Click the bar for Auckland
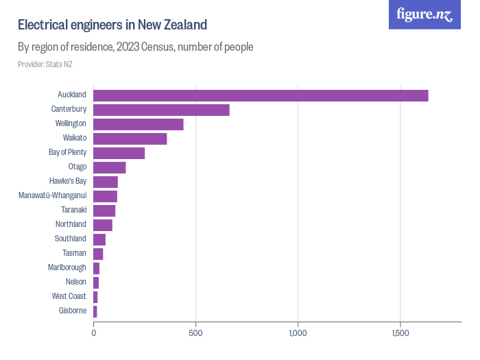(261, 95)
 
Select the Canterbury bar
(161, 110)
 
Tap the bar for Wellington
(139, 124)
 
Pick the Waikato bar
(130, 139)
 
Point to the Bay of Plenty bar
(119, 153)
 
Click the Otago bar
(110, 167)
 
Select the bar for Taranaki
(104, 211)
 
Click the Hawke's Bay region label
(68, 182)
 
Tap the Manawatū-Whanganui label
(53, 196)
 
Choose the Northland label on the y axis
(71, 225)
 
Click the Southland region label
(71, 239)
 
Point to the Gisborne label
(73, 311)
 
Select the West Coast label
(69, 297)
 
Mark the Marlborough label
(67, 268)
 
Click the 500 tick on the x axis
(196, 333)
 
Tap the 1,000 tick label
(298, 333)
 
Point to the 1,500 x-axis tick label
(400, 333)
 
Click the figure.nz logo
(424, 14)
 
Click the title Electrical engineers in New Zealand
(112, 25)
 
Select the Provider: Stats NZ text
(45, 64)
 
